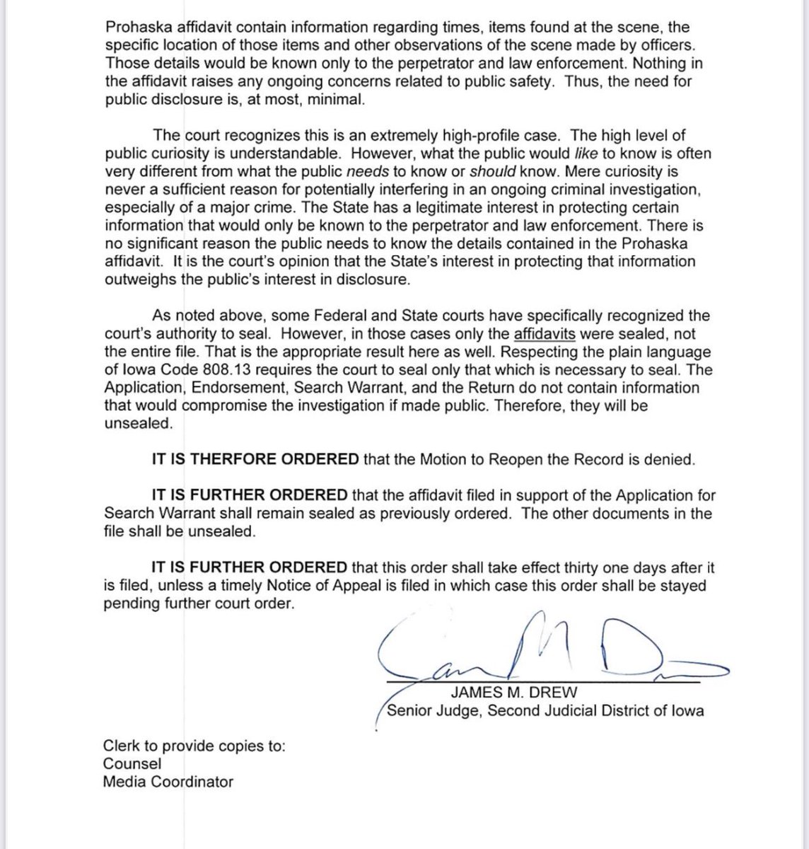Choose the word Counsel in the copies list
click(132, 764)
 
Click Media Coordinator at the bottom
click(168, 782)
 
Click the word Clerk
click(120, 746)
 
